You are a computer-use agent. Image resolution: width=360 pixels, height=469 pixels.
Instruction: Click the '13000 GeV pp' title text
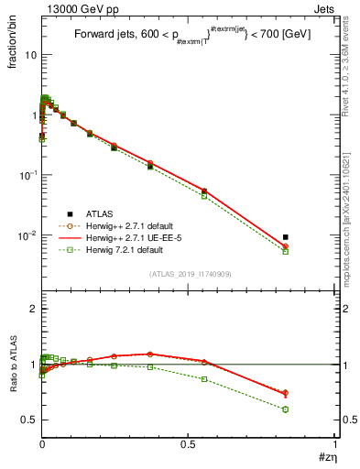point(76,8)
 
